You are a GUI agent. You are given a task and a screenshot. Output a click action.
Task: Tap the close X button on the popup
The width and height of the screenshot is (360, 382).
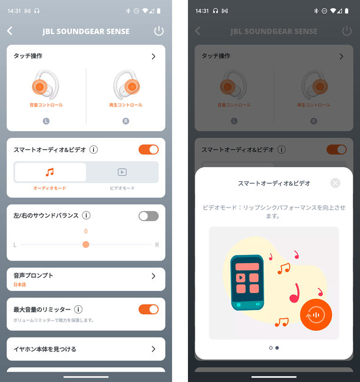pos(335,183)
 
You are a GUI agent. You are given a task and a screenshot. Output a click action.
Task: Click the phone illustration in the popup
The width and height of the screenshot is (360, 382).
pos(247,281)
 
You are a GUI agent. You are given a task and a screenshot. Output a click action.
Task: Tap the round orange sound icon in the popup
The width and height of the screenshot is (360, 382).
pos(316,314)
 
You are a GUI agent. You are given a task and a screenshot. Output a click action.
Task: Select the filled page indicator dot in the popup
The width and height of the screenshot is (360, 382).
pos(277,348)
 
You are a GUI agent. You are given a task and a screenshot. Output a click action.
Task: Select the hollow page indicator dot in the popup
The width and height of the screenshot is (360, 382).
pos(270,348)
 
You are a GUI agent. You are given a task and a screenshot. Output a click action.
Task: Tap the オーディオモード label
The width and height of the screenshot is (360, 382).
pos(50,189)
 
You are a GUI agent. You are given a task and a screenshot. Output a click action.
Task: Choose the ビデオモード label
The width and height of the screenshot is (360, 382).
pos(122,189)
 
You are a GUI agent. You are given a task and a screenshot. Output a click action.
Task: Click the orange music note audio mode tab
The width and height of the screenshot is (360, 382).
pos(50,172)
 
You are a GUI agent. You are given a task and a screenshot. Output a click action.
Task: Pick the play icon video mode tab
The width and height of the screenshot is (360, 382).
pos(122,172)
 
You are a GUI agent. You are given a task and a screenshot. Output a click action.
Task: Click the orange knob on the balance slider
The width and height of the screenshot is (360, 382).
pos(86,244)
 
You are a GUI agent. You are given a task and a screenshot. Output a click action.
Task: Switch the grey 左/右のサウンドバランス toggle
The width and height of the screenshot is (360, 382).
pos(148,215)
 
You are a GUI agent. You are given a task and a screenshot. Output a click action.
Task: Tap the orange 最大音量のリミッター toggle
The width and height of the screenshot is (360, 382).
pos(148,309)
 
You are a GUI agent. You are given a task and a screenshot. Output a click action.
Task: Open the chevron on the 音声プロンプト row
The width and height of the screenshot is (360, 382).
pos(153,276)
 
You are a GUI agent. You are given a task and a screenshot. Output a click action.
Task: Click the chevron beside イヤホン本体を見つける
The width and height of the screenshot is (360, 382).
pos(153,349)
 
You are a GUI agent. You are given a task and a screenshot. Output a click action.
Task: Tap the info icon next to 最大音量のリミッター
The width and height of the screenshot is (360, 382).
pos(79,309)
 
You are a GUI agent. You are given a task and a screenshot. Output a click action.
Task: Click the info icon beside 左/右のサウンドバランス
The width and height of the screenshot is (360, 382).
pos(87,215)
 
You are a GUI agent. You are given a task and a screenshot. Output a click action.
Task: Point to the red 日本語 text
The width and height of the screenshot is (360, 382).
pos(20,285)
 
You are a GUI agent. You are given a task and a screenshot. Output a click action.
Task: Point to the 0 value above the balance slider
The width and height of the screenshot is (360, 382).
pos(86,231)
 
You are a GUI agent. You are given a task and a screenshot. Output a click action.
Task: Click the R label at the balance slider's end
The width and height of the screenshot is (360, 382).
pos(157,245)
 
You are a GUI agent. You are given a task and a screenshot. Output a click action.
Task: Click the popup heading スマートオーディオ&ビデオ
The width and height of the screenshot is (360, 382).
pos(274,183)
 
